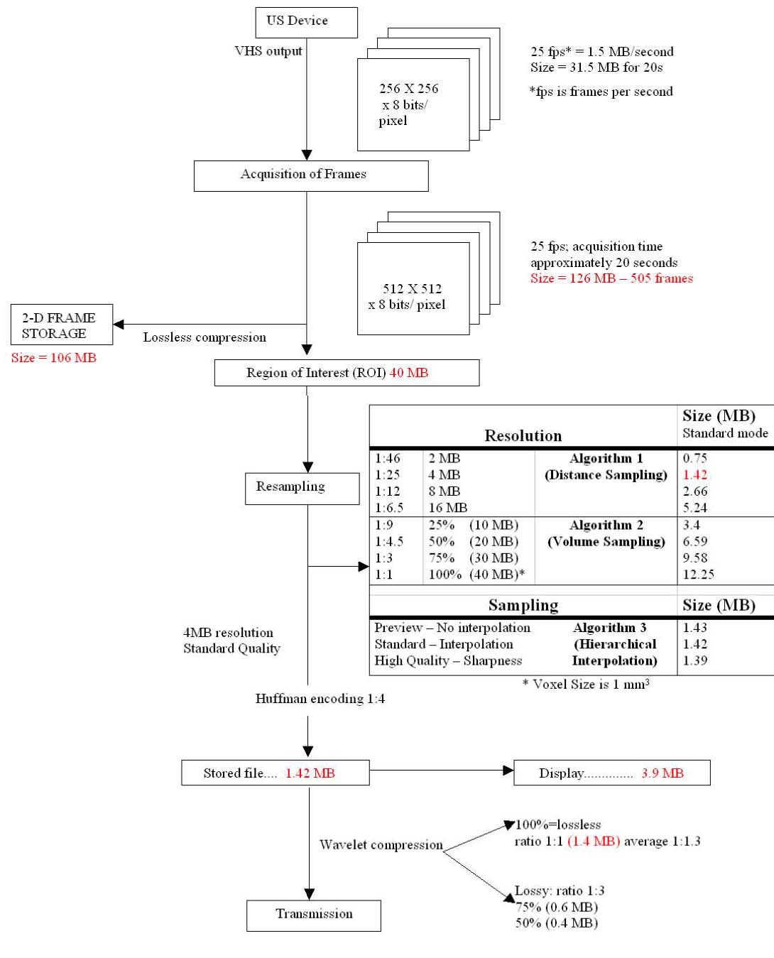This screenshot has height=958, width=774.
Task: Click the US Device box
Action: click(x=306, y=22)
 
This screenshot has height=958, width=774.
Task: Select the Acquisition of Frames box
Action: click(x=310, y=175)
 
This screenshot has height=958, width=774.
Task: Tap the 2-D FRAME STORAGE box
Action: click(x=61, y=325)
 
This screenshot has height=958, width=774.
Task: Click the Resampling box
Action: click(x=302, y=489)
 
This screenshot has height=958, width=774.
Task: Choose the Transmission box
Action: click(x=313, y=915)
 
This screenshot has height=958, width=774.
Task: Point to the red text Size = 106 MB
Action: click(x=53, y=358)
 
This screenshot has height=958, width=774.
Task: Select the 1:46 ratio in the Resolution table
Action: click(x=388, y=459)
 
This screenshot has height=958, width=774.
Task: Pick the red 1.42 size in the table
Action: click(x=694, y=475)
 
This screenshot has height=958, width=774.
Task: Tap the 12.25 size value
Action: click(x=698, y=575)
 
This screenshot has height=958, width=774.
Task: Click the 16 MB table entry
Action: click(x=447, y=508)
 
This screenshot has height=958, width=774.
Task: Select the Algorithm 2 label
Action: click(x=606, y=526)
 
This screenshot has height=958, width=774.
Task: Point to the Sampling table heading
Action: click(x=523, y=606)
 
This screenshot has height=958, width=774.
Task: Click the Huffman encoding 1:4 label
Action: click(x=320, y=699)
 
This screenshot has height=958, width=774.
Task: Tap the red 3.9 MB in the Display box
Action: click(x=662, y=773)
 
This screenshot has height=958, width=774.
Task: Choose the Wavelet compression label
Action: click(x=381, y=845)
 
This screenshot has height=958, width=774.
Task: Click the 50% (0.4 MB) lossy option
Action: click(x=556, y=923)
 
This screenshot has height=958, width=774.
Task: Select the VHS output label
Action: click(x=268, y=51)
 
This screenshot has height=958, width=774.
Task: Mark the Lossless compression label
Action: click(x=205, y=337)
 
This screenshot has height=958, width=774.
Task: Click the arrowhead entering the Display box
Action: click(x=508, y=771)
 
